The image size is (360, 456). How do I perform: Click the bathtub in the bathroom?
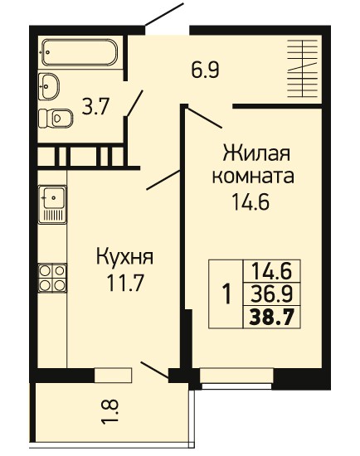pos(79,52)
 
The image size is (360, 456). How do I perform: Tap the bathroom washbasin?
pos(49,86)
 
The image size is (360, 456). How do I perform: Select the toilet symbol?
pos(56,118)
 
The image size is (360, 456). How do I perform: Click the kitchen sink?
pos(52,205)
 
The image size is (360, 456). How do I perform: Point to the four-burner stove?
pos(52,278)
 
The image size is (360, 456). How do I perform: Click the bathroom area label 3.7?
pos(95,106)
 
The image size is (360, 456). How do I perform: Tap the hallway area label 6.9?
pos(205,70)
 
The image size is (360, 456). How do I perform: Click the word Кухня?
pos(124,257)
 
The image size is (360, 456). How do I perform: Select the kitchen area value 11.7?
pos(125,283)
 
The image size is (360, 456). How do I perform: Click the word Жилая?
pos(256,153)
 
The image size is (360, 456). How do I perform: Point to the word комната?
pos(253,177)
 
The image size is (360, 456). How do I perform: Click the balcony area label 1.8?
pos(110,411)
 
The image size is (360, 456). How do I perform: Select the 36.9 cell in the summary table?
pos(271,294)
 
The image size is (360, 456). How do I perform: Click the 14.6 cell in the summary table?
pos(271,271)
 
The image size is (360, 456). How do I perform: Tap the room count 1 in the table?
pos(226,294)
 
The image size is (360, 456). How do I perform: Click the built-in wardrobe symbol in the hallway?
pos(302,69)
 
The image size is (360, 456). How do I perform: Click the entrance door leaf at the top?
pos(164,14)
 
